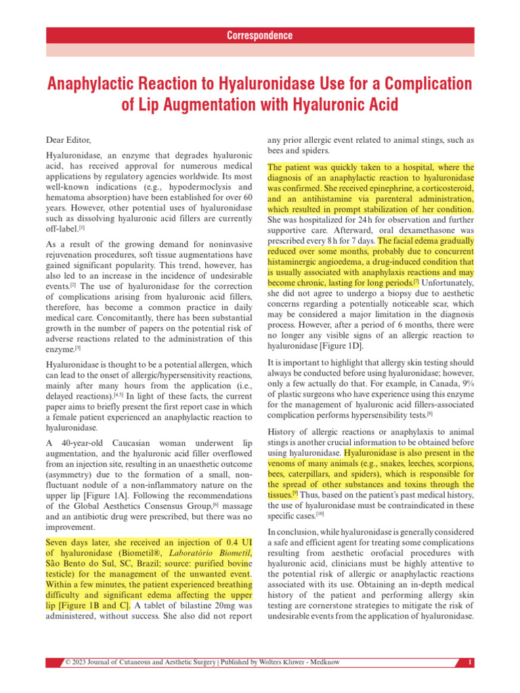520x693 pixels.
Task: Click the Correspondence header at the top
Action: [x=260, y=36]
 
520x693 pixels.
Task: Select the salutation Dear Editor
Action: [x=69, y=139]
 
